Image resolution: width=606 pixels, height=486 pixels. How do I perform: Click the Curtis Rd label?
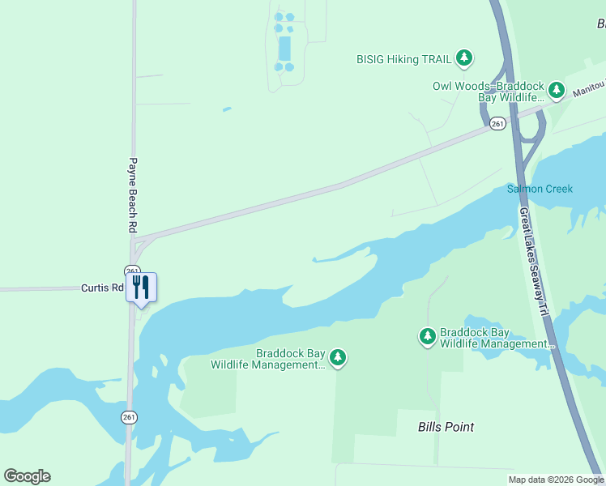click(102, 288)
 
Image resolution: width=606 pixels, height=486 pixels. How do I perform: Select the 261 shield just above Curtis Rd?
click(132, 271)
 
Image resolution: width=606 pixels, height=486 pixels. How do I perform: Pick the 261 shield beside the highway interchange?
click(497, 123)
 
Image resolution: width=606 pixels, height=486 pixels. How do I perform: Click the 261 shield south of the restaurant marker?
click(130, 416)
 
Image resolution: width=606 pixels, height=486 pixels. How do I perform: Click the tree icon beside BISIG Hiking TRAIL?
click(463, 58)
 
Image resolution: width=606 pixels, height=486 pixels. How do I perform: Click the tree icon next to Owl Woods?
click(556, 89)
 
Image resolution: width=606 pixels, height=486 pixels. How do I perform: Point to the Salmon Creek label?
click(540, 189)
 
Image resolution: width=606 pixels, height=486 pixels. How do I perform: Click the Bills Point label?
click(446, 427)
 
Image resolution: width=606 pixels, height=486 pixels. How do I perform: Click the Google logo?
click(27, 476)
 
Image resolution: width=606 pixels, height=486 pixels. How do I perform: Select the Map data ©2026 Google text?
click(556, 480)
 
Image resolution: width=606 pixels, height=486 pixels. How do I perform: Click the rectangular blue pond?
click(284, 48)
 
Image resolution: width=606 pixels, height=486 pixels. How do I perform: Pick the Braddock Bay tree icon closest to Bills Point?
click(427, 335)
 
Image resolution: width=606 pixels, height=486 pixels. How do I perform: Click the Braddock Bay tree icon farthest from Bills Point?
click(338, 356)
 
